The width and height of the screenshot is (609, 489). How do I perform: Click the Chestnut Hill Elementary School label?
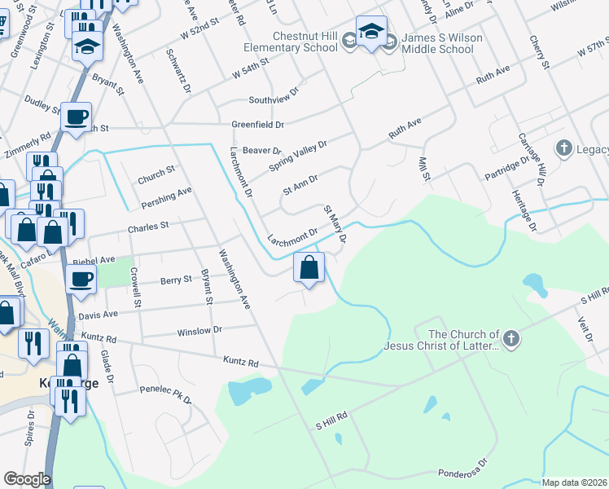click(295, 42)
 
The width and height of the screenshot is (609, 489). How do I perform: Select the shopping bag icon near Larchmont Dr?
click(309, 267)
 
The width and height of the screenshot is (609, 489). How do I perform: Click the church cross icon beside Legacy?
click(563, 148)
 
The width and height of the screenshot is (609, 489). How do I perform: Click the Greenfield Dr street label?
click(257, 125)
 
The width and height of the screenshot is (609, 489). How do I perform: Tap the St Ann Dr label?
click(300, 184)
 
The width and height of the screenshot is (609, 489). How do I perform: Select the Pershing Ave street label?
click(166, 196)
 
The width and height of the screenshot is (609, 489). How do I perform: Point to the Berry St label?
click(175, 279)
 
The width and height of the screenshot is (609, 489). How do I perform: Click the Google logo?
click(27, 479)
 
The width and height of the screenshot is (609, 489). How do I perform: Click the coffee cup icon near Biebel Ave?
click(81, 280)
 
